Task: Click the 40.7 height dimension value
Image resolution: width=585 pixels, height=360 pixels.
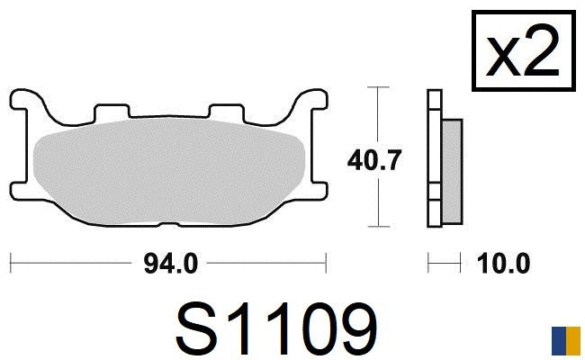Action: click(x=374, y=160)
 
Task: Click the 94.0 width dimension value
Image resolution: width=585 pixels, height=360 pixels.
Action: click(x=170, y=264)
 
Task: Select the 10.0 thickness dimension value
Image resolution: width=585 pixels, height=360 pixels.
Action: click(x=503, y=264)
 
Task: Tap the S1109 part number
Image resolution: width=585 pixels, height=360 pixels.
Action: click(x=277, y=328)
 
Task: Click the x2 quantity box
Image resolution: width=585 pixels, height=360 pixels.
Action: click(x=524, y=50)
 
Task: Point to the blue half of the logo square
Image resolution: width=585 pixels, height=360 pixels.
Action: click(x=559, y=341)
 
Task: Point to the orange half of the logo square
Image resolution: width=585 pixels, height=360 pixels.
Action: click(x=573, y=341)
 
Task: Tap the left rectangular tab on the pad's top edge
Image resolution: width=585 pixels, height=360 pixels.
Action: click(x=112, y=112)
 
